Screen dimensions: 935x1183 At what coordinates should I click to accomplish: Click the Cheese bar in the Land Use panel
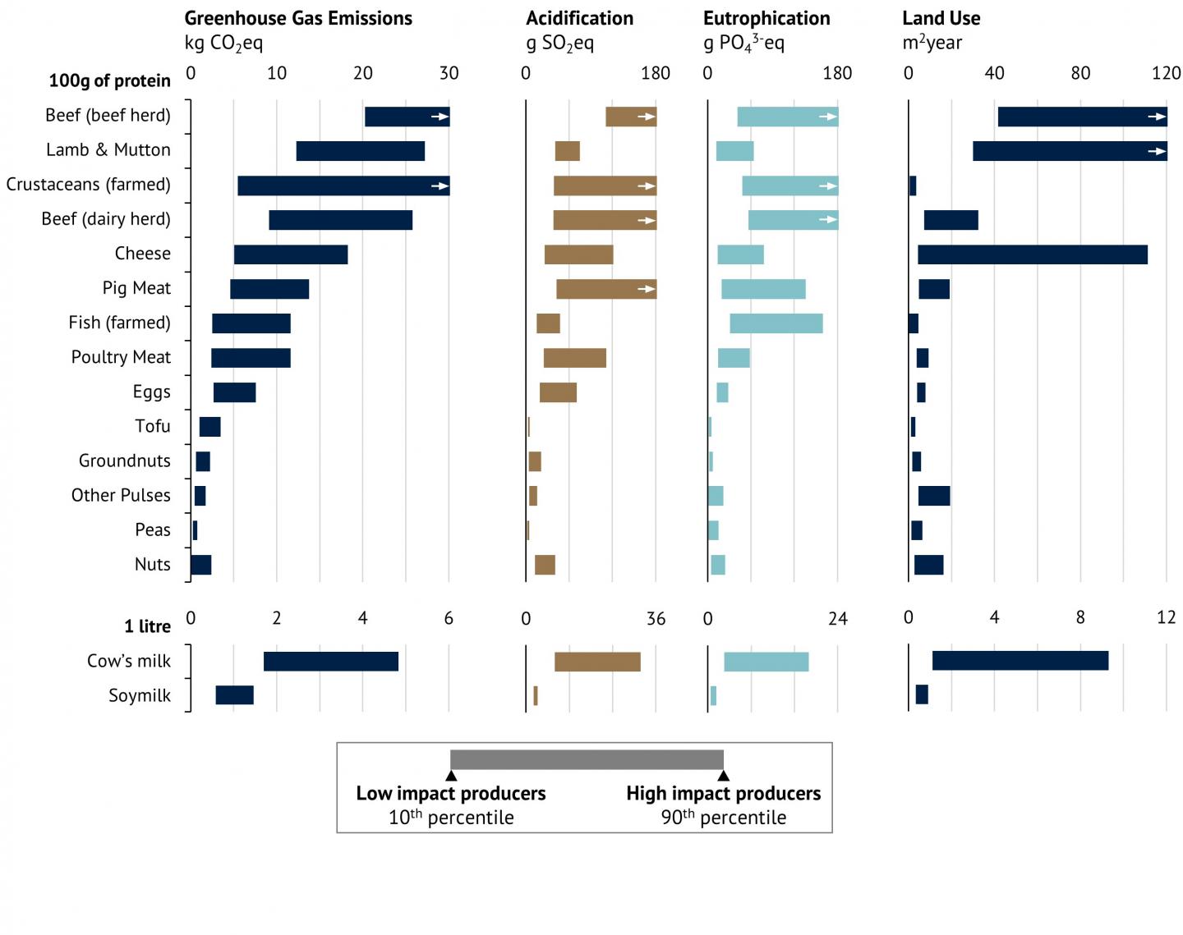pos(1032,254)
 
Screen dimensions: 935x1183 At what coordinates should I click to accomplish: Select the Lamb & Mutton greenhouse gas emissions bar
pos(360,151)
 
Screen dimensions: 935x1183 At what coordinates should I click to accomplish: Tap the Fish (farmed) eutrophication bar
pos(776,323)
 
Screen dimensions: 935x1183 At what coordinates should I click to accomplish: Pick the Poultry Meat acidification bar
pos(574,358)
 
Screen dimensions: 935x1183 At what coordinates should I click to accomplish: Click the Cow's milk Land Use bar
pos(1020,661)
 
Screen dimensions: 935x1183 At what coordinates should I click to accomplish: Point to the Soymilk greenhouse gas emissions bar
pos(234,695)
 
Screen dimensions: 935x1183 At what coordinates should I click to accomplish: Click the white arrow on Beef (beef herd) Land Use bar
pos(1157,117)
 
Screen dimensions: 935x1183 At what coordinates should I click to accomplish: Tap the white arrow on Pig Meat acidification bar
pos(647,289)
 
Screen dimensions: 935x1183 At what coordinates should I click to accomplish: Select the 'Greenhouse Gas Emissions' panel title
pos(298,18)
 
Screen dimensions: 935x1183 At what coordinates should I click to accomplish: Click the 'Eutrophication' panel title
pos(766,18)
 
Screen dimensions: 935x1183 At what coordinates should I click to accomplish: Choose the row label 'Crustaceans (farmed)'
pos(89,184)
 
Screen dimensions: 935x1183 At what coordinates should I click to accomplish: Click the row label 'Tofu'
pos(153,426)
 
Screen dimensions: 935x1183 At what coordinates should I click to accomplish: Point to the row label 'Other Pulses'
pos(121,495)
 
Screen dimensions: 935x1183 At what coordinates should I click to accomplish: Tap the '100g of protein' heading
pos(109,80)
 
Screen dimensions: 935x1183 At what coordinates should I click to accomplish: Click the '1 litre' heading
pos(147,626)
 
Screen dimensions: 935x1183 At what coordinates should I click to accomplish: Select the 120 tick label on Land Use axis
pos(1166,73)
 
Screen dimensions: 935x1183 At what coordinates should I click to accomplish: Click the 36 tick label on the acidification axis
pos(656,619)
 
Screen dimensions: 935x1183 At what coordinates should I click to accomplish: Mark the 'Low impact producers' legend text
pos(450,793)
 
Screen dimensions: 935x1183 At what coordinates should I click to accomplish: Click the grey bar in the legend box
pos(587,759)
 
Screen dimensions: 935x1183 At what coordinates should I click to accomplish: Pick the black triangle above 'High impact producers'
pos(723,776)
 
